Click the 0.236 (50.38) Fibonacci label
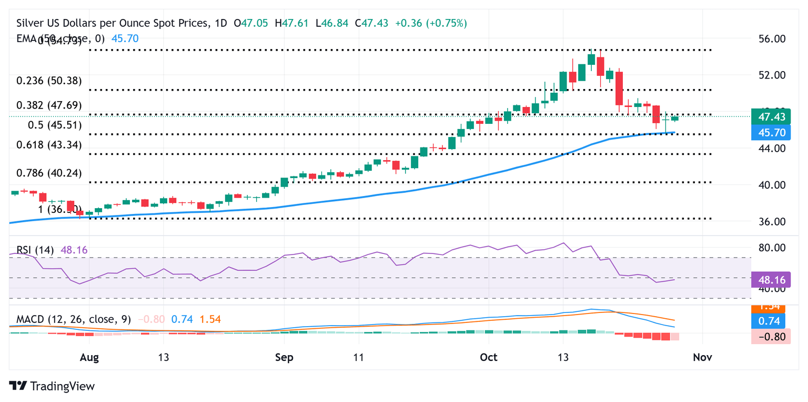click(49, 81)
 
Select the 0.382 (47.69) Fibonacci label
click(49, 105)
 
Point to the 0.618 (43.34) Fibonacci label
click(49, 144)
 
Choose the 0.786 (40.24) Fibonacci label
click(49, 173)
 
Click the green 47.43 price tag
click(771, 116)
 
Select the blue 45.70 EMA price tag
click(771, 133)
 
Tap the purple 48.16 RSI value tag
click(771, 279)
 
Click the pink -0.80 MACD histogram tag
click(771, 337)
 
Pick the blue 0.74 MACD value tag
click(771, 321)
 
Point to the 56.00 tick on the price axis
click(771, 39)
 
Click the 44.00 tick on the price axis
click(771, 149)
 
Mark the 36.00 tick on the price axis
click(771, 222)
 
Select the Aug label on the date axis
click(89, 357)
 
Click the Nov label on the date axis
click(702, 357)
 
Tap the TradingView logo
click(52, 386)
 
